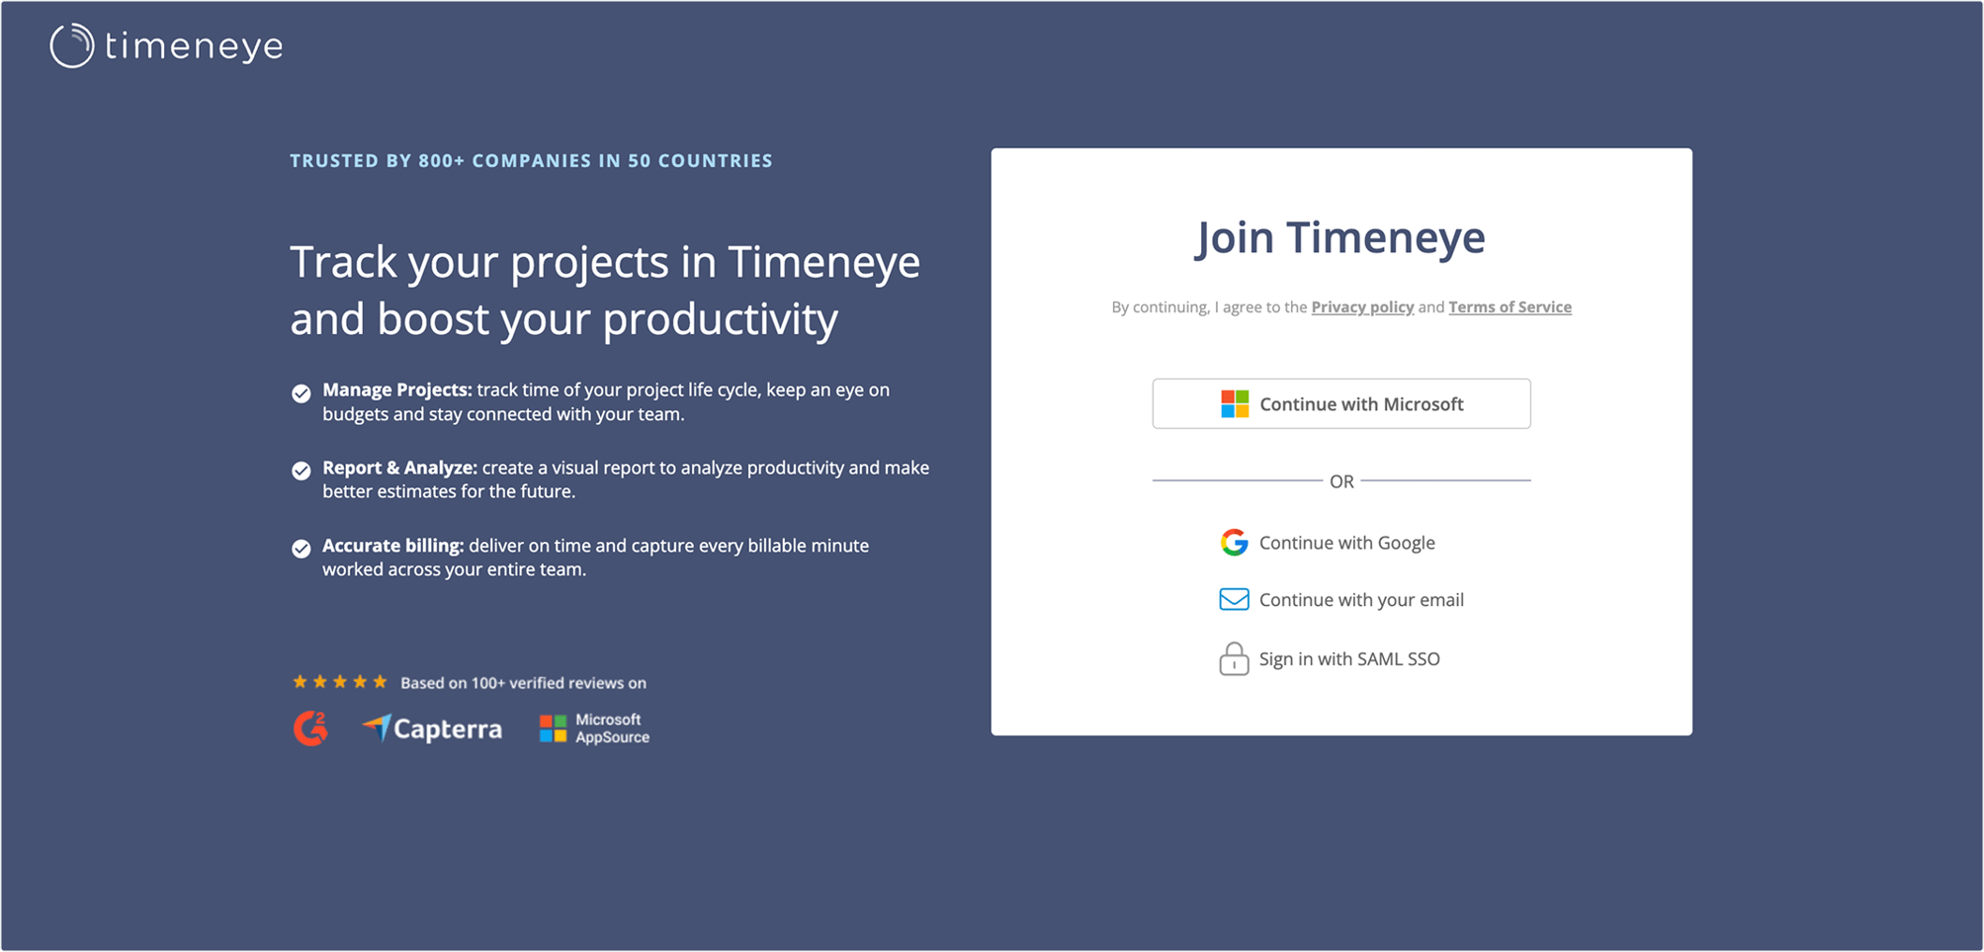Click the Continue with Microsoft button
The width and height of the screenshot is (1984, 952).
tap(1341, 403)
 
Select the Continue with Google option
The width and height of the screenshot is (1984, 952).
tap(1328, 543)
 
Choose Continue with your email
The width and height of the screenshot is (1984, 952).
tap(1341, 600)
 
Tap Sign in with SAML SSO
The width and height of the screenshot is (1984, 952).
tap(1330, 658)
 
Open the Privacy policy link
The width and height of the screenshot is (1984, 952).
tap(1362, 307)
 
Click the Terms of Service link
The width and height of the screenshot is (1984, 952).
tap(1510, 307)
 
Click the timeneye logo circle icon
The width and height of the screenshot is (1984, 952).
tap(72, 45)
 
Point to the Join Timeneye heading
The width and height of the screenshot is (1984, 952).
tap(1340, 237)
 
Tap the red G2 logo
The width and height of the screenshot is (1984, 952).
tap(310, 729)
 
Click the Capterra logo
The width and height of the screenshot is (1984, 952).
tap(432, 729)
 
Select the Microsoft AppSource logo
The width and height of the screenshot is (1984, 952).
tap(594, 729)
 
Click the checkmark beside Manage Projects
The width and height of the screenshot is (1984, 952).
tap(302, 393)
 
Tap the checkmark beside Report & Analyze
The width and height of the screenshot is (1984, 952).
tap(302, 471)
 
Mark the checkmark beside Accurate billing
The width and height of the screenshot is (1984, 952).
tap(302, 549)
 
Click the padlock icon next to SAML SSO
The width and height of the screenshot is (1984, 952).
tap(1234, 658)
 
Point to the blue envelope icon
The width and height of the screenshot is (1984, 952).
tap(1234, 599)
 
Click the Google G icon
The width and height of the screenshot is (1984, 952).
tap(1234, 542)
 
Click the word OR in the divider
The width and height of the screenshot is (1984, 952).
tap(1341, 481)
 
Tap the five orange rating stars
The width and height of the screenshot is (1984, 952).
tap(340, 681)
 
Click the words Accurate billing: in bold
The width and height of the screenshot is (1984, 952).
tap(393, 546)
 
